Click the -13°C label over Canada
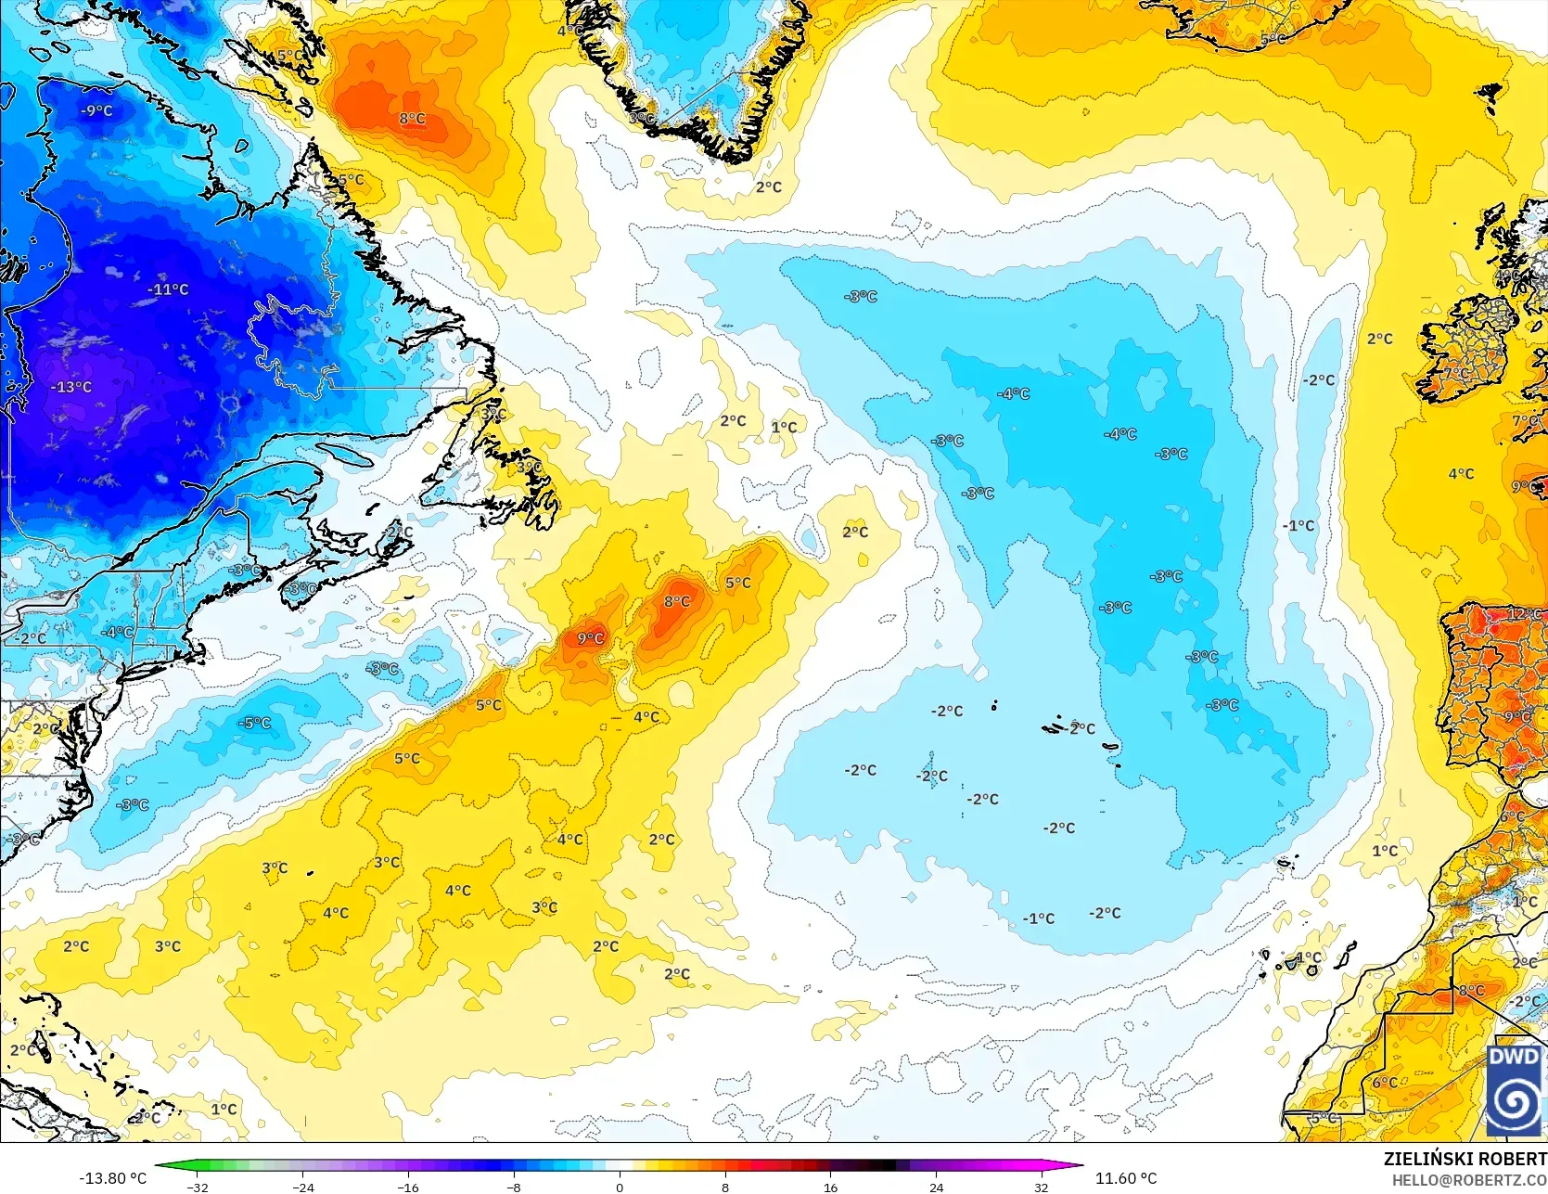click(72, 387)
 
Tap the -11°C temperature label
click(168, 289)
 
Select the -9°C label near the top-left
click(96, 110)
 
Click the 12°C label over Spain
click(1524, 614)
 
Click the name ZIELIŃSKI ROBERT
click(1465, 1159)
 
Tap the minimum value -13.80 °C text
click(112, 1178)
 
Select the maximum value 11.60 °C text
click(1126, 1178)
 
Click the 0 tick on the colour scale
click(620, 1187)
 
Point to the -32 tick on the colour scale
click(198, 1187)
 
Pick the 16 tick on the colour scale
click(830, 1187)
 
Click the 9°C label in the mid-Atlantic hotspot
click(591, 638)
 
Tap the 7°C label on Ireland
click(1456, 373)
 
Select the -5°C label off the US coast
click(255, 723)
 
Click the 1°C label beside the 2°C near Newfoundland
click(784, 427)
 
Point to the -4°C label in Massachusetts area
click(118, 632)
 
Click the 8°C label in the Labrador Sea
click(413, 119)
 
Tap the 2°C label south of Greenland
click(769, 186)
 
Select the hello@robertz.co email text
click(1469, 1179)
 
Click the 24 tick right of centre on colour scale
click(936, 1187)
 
